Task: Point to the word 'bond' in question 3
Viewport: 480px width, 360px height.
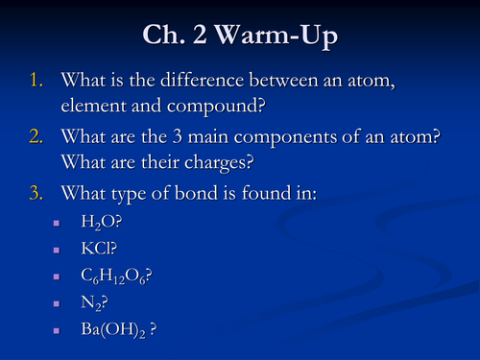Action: coord(207,195)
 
